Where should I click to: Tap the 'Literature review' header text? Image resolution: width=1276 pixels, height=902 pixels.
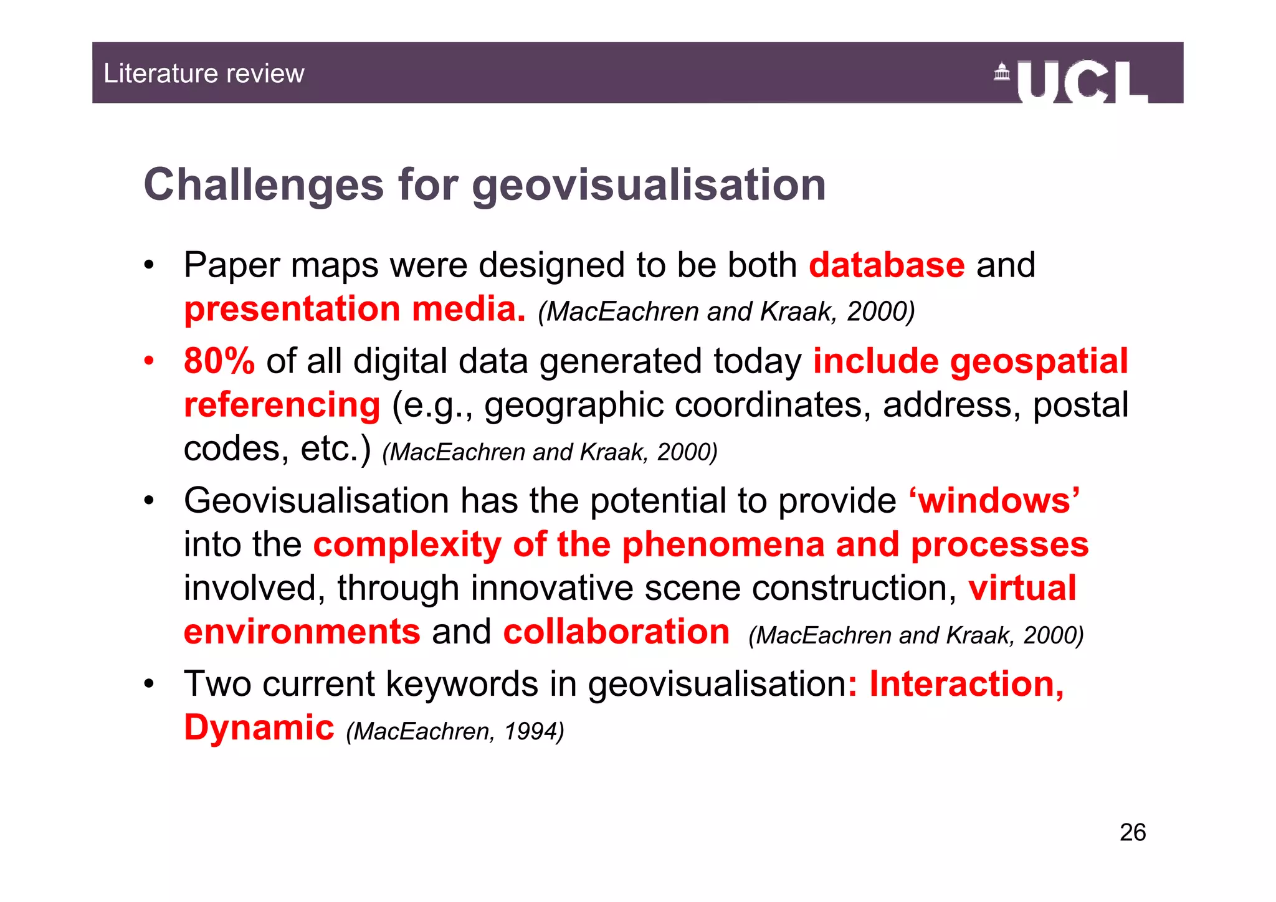[204, 74]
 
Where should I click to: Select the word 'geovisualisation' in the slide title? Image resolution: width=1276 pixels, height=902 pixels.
[649, 186]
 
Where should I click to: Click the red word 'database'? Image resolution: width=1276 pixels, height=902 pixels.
[887, 265]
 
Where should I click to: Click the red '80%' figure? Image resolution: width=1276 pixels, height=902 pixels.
[219, 361]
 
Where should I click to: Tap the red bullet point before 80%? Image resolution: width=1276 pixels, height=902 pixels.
[148, 361]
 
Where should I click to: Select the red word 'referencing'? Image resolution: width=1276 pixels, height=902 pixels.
[282, 405]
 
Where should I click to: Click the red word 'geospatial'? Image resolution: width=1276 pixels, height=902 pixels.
[1039, 361]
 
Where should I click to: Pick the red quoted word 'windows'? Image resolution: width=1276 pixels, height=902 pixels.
[994, 501]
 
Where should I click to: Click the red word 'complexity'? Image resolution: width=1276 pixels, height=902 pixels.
[407, 544]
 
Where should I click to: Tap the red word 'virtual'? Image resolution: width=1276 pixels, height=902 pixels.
[1022, 588]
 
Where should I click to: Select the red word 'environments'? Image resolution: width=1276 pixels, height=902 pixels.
[302, 632]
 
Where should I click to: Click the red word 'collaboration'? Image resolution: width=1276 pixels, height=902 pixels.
[616, 632]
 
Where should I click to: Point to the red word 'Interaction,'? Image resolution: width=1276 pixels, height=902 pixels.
[966, 684]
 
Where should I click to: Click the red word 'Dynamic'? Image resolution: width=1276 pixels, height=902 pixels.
[259, 728]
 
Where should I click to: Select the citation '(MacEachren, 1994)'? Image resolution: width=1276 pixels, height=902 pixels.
[455, 731]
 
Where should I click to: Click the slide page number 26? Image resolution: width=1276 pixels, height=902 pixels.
[1132, 832]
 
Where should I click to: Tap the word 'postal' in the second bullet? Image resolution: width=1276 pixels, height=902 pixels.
[1080, 405]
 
